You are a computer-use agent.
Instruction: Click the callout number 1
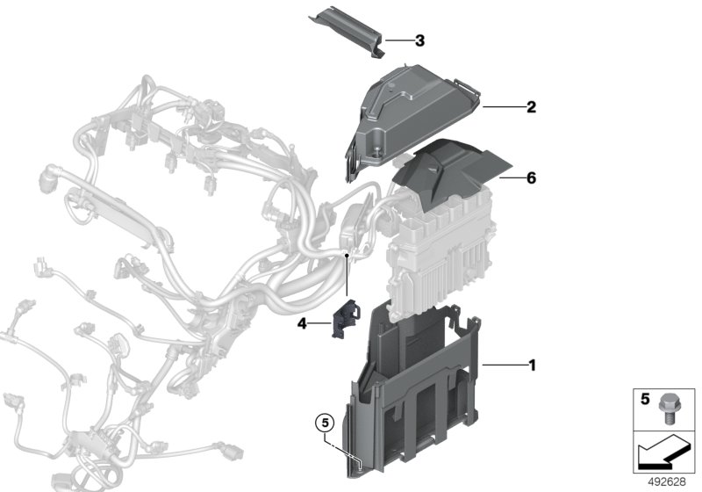click(531, 363)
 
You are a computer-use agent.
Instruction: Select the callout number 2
click(531, 107)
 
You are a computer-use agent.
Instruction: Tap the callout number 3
click(419, 40)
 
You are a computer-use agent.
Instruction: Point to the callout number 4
click(301, 324)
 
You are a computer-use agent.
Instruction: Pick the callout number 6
click(531, 177)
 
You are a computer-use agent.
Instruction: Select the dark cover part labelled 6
click(448, 180)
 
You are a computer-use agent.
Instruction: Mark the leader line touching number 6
click(510, 177)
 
